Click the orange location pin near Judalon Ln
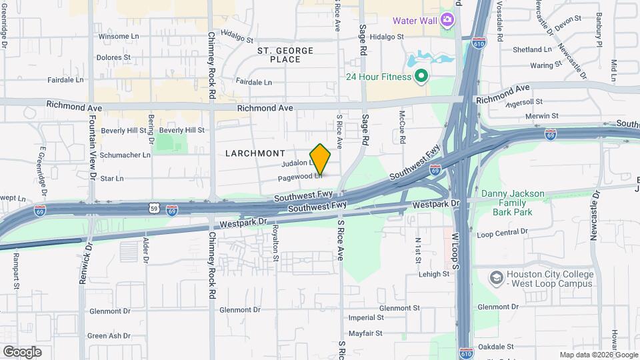click(x=320, y=159)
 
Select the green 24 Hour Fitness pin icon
click(x=421, y=77)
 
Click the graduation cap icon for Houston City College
click(x=496, y=277)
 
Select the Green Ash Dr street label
click(x=109, y=335)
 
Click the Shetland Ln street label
click(x=532, y=49)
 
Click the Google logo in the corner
click(x=22, y=352)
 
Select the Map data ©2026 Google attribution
click(x=598, y=355)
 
